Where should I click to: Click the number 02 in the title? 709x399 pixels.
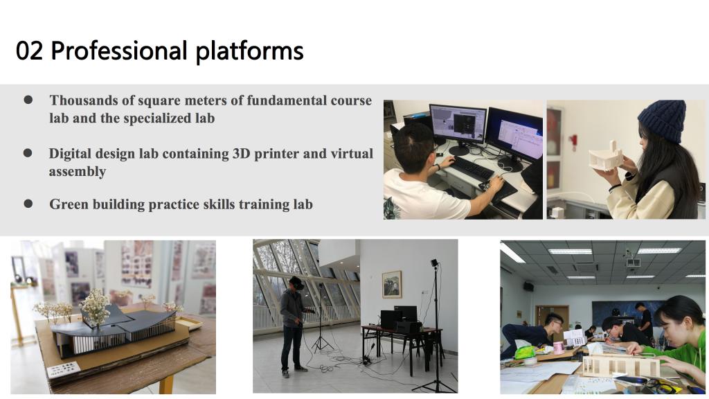29,50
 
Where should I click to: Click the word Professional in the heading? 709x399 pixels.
119,50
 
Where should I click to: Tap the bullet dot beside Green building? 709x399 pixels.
28,204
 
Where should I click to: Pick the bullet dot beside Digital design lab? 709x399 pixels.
28,153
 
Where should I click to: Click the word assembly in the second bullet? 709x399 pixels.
78,172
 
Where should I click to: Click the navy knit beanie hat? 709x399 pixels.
663,121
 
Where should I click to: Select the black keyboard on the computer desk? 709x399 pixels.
472,168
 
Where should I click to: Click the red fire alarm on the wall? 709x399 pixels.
574,140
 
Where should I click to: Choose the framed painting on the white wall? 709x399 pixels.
392,284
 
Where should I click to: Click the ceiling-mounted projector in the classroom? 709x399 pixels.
633,261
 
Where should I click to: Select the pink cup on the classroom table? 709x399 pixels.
559,348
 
